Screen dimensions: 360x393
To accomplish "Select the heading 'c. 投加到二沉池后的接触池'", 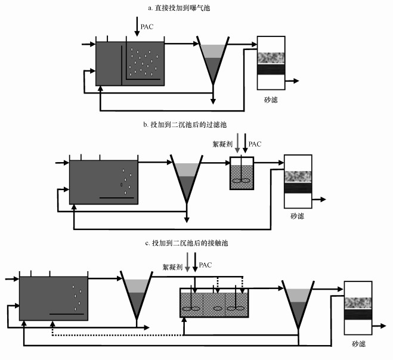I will [187, 244].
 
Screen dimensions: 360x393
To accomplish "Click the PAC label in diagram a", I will [147, 26].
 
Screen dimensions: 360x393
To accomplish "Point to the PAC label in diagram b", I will [255, 144].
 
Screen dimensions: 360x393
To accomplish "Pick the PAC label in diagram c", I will [205, 264].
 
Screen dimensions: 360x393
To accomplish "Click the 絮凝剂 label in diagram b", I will [222, 144].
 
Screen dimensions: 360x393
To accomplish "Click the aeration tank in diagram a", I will [129, 64].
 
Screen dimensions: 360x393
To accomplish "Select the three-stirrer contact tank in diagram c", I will [214, 303].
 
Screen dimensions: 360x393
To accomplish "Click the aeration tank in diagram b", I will [104, 182].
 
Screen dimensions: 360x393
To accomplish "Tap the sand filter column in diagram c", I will [360, 308].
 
